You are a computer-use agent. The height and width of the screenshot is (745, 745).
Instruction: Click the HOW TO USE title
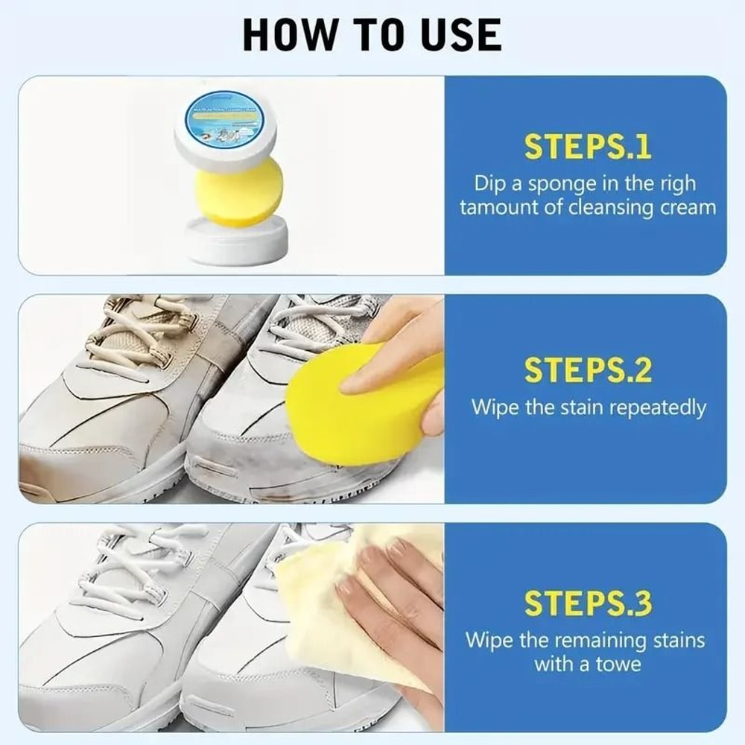coord(372,34)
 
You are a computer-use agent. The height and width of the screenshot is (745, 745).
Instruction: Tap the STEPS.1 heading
coord(588,148)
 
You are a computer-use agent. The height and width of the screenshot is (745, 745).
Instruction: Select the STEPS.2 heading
coord(588,370)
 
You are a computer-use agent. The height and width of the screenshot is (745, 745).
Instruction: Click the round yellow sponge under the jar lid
coord(238,191)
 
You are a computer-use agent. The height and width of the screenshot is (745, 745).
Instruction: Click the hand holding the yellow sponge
coord(406,350)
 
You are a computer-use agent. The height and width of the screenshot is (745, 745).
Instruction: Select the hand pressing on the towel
coord(395,603)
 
